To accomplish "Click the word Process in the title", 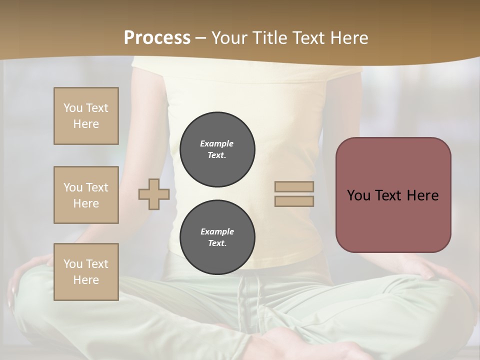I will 157,38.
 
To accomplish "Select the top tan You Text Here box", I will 86,116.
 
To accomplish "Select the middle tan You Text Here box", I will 86,195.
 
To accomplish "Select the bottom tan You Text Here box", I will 86,272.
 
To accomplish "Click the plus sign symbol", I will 154,194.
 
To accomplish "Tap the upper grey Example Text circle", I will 217,149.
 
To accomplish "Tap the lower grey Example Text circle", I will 217,237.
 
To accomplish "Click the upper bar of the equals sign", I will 294,187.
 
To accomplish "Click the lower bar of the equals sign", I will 294,201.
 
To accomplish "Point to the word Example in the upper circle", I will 216,143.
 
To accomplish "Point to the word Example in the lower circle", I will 217,231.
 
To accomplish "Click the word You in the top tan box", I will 72,108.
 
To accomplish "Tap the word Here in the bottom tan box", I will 86,280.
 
